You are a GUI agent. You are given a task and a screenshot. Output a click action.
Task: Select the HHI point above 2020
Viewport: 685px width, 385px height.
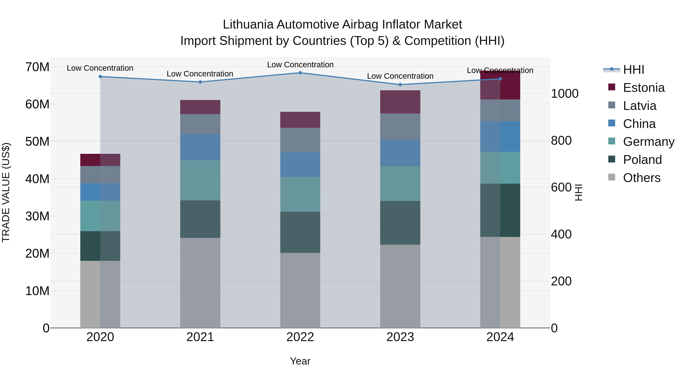click(100, 76)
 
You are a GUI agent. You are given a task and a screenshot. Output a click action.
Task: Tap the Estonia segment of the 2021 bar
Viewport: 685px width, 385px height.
click(200, 107)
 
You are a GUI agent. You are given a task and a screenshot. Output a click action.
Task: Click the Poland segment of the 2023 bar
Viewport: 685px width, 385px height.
click(400, 223)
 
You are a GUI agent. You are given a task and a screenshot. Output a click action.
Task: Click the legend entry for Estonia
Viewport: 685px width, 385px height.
click(644, 88)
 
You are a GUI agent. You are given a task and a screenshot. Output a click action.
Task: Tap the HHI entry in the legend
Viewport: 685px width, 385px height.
click(633, 70)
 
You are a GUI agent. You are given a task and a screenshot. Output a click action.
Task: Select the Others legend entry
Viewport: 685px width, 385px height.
click(641, 178)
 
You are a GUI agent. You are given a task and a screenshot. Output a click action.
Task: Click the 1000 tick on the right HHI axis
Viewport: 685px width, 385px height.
click(564, 94)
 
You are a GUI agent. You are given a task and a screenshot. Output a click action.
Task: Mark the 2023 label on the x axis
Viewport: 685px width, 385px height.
click(400, 337)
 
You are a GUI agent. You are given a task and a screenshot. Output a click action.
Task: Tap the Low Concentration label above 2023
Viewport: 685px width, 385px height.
click(400, 76)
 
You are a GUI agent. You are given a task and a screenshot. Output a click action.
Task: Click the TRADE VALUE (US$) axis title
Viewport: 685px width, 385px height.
click(6, 192)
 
